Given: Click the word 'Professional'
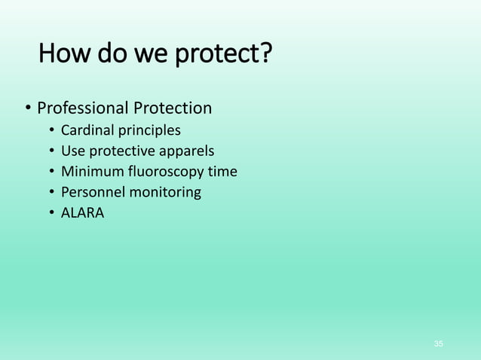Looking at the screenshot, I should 83,109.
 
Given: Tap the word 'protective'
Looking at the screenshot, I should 123,151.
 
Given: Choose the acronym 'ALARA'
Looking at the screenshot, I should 83,213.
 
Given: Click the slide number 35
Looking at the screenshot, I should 439,344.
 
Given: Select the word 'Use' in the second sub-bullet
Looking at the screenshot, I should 73,151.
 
